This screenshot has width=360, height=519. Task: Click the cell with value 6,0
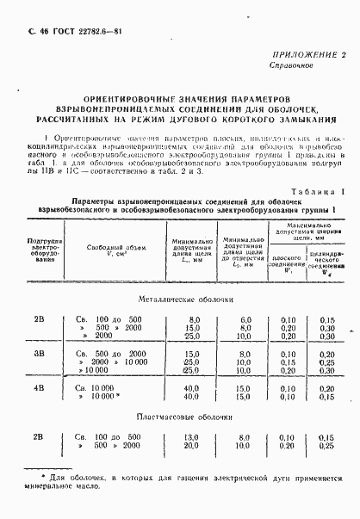coord(245,319)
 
